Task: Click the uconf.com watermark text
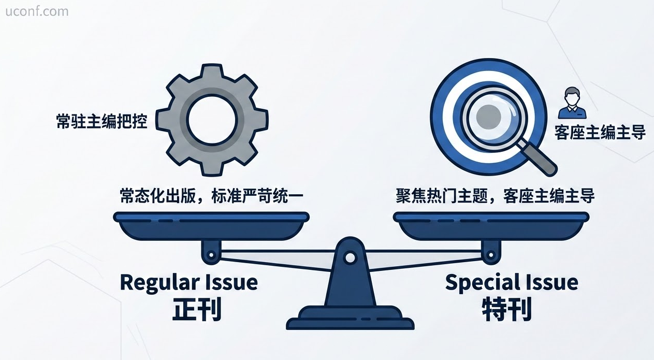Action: pos(37,11)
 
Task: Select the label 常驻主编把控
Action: pos(101,121)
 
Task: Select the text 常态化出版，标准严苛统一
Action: pos(211,197)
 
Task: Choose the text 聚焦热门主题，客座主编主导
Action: pos(495,197)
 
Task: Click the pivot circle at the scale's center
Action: pos(351,257)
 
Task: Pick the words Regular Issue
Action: pos(188,282)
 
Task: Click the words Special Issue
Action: pos(512,282)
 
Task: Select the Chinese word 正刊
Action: pos(197,310)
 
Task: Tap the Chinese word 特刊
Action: pos(506,310)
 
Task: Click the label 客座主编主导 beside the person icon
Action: pos(600,133)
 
